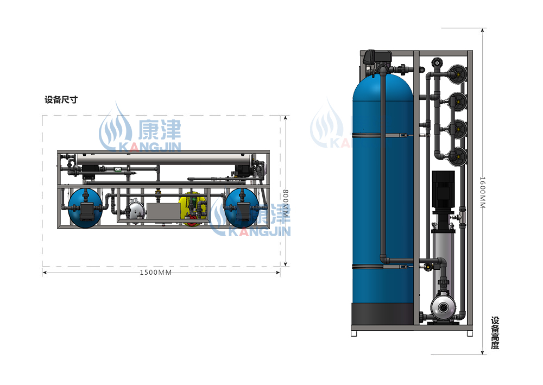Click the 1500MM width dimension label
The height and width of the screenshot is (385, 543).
(155, 273)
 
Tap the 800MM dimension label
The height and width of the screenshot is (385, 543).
(286, 203)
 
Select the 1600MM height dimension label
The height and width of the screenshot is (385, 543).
(482, 192)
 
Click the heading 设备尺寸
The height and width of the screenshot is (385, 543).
(61, 100)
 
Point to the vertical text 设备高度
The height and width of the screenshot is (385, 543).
(495, 333)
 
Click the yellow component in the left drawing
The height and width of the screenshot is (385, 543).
(192, 209)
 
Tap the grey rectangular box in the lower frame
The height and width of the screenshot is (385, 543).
(163, 211)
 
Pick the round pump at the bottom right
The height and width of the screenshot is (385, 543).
(444, 307)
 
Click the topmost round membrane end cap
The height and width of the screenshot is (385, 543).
(457, 74)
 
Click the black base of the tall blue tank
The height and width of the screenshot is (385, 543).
(383, 314)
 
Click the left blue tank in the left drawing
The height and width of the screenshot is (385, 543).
(85, 208)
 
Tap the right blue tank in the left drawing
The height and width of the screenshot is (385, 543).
(242, 208)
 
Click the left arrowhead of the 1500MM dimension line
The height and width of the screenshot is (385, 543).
(45, 273)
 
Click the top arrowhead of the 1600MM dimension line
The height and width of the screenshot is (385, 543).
(482, 30)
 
